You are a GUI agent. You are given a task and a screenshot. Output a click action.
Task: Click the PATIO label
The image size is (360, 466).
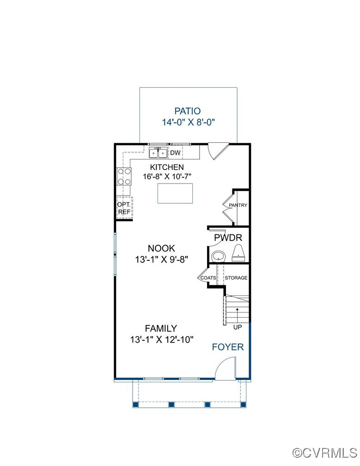[x=188, y=111]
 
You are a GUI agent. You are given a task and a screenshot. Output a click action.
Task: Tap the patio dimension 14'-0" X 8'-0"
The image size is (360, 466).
[x=188, y=122]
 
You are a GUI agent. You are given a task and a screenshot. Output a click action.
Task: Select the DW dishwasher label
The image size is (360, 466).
[x=175, y=153]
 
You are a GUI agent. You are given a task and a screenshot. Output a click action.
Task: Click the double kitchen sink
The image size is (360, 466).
[x=159, y=153]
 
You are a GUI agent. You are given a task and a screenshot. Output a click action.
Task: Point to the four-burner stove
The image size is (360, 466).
[x=124, y=176]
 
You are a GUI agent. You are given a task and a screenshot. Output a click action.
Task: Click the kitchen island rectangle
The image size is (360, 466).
[x=175, y=193]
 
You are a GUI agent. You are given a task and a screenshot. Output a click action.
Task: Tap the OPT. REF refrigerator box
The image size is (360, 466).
[x=124, y=208]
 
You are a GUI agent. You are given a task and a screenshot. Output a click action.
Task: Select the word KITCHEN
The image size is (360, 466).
[x=167, y=167]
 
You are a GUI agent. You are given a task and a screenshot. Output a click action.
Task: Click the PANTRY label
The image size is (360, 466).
[x=238, y=205]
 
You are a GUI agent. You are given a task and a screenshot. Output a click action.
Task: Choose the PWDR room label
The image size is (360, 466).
[x=228, y=238]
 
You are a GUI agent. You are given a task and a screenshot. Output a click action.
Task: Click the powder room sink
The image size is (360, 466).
[x=219, y=256]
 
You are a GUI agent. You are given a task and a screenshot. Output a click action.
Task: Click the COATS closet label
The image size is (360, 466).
[x=208, y=278]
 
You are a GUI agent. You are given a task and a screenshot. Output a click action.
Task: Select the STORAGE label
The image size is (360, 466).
[x=236, y=278]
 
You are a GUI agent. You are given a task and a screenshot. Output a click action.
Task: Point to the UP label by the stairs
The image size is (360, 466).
[x=238, y=327]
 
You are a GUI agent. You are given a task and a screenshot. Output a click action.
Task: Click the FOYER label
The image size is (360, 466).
[x=228, y=347]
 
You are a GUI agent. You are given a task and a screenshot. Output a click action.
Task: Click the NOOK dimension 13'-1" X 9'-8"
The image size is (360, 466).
[x=162, y=259]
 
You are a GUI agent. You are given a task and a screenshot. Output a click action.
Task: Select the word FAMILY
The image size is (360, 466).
[x=161, y=328]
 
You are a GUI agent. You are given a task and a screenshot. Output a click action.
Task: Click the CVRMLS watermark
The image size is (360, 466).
[x=325, y=453]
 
